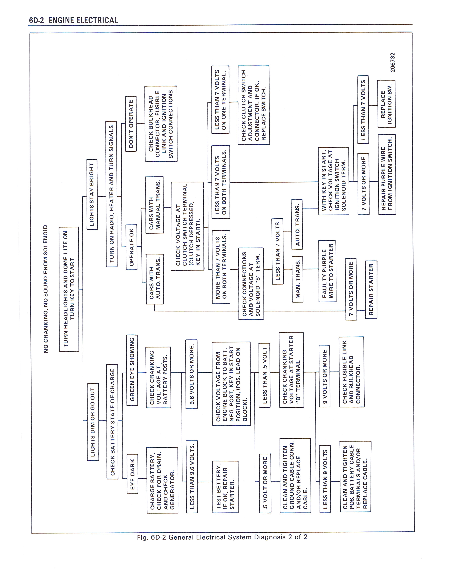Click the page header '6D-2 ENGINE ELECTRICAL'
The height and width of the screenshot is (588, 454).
coord(73,20)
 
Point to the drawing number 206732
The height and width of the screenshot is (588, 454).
coord(393,62)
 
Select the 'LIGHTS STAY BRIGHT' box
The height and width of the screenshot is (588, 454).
coord(92,194)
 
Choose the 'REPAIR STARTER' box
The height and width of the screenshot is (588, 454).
coord(371,290)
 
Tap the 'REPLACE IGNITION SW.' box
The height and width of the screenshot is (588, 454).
coord(386,104)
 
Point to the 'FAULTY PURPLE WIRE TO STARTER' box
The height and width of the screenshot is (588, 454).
coord(327,271)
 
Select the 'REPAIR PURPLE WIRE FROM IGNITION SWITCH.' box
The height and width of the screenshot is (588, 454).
coord(387,174)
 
